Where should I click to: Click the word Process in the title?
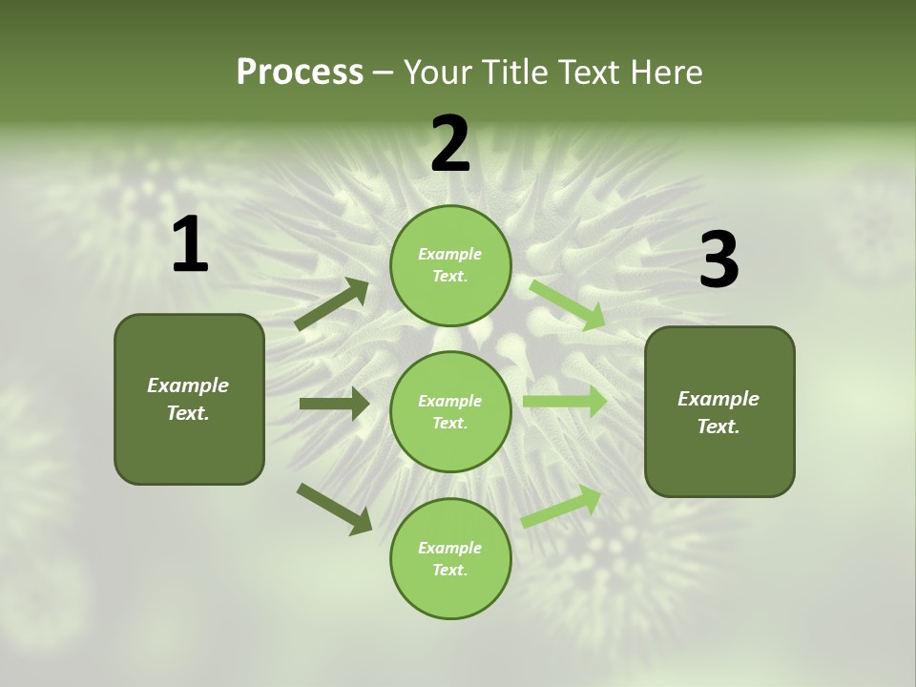(300, 73)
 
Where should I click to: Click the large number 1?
(190, 245)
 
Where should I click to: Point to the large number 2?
(450, 144)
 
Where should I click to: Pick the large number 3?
(718, 260)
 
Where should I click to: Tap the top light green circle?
(450, 265)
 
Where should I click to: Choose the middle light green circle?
(450, 411)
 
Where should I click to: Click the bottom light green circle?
(450, 558)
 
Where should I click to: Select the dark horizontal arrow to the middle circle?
(334, 404)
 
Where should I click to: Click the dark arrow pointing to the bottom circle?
(334, 508)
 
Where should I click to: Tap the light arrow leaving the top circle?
(567, 305)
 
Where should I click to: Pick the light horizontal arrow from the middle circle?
(565, 401)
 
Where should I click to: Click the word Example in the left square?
(188, 385)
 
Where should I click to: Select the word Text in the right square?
(717, 427)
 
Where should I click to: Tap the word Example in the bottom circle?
(449, 548)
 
